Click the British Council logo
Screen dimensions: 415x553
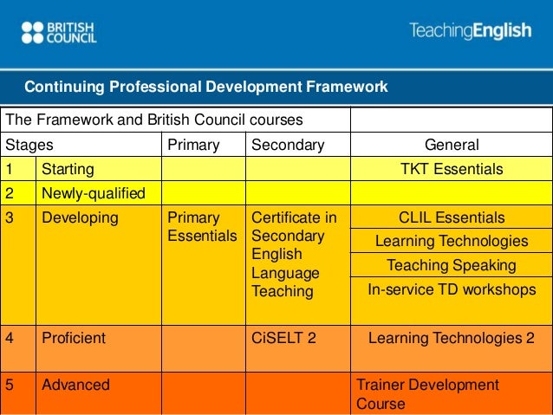[58, 33]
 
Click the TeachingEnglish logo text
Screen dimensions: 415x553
[470, 32]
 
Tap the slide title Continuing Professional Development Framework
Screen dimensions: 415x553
[205, 87]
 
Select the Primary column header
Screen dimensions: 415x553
[192, 144]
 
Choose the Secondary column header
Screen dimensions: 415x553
[286, 144]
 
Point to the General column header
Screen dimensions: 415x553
[451, 144]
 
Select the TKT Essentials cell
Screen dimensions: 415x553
[451, 169]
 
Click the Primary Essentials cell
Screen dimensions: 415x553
[201, 226]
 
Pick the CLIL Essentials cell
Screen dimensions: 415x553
[451, 217]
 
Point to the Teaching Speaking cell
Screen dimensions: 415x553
[451, 265]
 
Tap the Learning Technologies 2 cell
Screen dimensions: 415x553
[451, 338]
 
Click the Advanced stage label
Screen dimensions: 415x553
[76, 384]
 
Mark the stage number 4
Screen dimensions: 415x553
[10, 338]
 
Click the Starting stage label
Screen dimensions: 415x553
[68, 169]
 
